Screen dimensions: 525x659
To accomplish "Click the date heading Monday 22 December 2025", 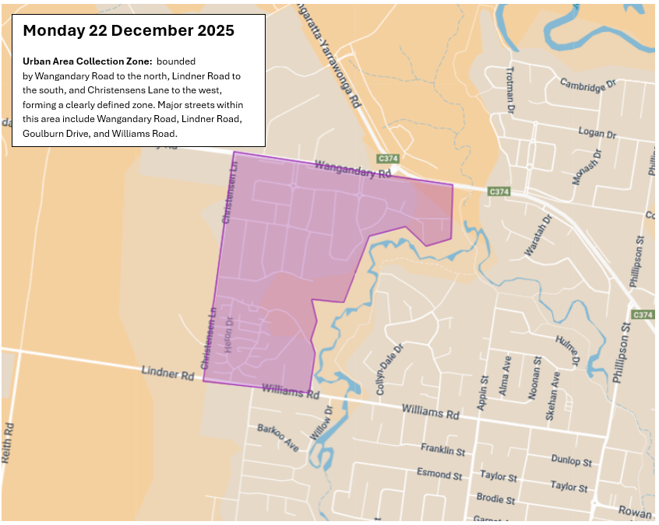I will pyautogui.click(x=129, y=31).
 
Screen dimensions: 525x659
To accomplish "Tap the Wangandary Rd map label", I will pyautogui.click(x=352, y=170).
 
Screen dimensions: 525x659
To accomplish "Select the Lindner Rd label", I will pyautogui.click(x=167, y=373).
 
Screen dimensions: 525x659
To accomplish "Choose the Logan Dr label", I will pyautogui.click(x=597, y=133).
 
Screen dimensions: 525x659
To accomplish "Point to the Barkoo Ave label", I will pyautogui.click(x=278, y=438).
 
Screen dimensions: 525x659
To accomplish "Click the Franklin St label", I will pyautogui.click(x=442, y=450).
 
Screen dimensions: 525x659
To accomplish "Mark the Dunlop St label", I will pyautogui.click(x=570, y=460).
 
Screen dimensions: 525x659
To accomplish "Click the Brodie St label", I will pyautogui.click(x=495, y=499).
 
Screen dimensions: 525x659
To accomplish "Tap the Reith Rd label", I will pyautogui.click(x=8, y=443).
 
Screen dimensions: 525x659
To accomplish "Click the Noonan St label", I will pyautogui.click(x=534, y=378).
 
